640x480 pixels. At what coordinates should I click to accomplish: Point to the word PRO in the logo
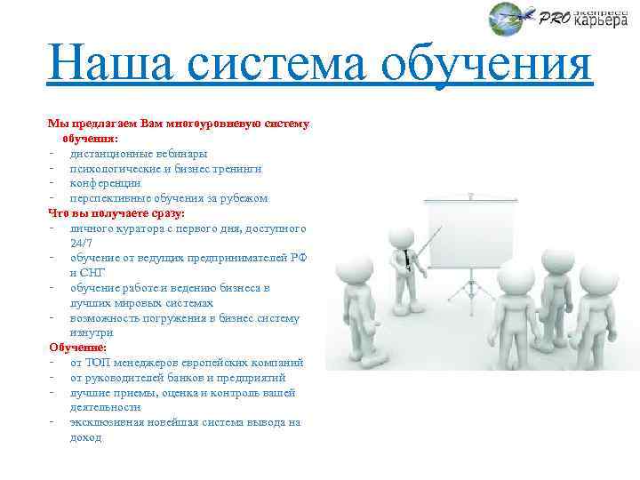point(554,18)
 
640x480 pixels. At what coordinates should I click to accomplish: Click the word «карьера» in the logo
point(600,22)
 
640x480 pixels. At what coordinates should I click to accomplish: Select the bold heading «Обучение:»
point(77,348)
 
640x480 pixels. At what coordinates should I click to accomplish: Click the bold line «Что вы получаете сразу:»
point(116,213)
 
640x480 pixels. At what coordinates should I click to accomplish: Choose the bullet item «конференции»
point(105,183)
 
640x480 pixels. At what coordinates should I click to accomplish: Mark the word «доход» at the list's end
point(86,437)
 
